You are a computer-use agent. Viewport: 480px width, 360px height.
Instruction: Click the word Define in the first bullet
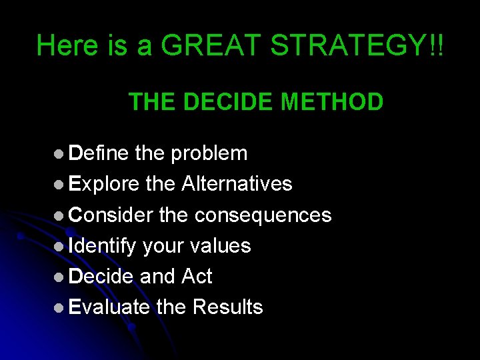(x=99, y=153)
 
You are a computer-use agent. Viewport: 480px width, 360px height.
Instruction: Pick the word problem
(x=209, y=153)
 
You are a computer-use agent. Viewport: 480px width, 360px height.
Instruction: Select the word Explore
(x=104, y=184)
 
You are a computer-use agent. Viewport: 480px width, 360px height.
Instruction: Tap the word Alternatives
(x=237, y=184)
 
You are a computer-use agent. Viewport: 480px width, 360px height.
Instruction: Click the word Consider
(x=111, y=215)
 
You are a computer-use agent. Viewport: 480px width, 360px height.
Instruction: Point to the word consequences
(x=263, y=215)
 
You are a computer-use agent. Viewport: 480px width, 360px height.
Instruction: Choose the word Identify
(x=103, y=245)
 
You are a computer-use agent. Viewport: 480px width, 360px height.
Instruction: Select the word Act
(x=196, y=276)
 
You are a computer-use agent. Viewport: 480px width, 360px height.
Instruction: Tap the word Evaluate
(x=109, y=307)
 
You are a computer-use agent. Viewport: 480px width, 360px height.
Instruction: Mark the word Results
(x=227, y=307)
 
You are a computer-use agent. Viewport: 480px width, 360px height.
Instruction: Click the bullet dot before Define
(x=59, y=154)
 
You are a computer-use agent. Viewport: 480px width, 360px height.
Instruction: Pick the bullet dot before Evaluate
(x=59, y=307)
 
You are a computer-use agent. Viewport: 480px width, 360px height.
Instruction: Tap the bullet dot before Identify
(x=59, y=246)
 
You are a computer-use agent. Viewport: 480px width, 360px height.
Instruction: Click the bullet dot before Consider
(x=59, y=215)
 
